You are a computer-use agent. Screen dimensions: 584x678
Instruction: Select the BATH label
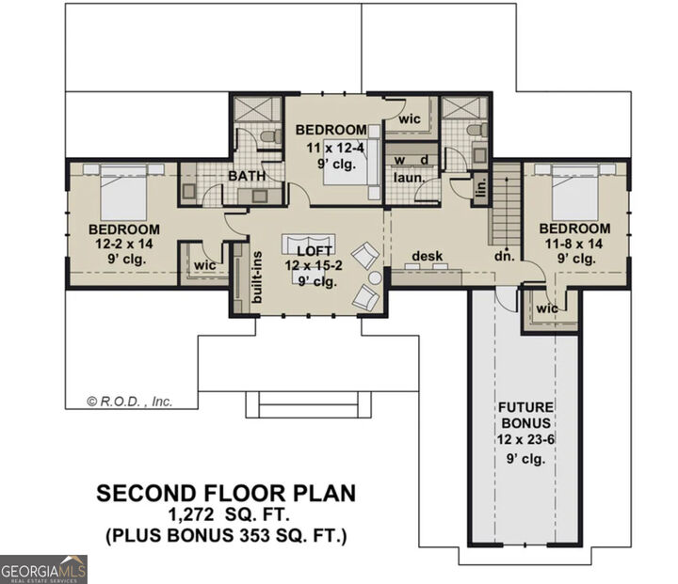[x=245, y=175]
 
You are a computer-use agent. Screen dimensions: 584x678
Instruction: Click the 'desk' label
[x=427, y=256]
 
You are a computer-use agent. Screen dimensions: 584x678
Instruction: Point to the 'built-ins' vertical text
[x=257, y=272]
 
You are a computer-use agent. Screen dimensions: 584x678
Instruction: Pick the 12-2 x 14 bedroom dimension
[x=123, y=244]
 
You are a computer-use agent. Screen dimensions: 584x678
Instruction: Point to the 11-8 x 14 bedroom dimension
[x=574, y=243]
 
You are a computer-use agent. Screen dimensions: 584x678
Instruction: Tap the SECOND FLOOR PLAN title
[x=228, y=494]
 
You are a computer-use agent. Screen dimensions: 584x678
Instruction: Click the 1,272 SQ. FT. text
[x=229, y=515]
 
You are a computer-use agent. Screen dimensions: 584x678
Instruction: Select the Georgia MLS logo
[x=44, y=569]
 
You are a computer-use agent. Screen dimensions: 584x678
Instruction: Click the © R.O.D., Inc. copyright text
[x=130, y=401]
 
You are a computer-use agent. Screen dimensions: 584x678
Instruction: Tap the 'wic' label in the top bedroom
[x=409, y=119]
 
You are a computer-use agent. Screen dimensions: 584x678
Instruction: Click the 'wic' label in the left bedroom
[x=204, y=266]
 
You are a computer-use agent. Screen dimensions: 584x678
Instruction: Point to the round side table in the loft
[x=375, y=278]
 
